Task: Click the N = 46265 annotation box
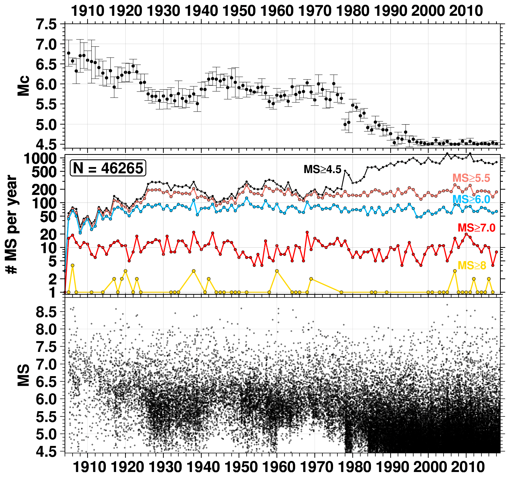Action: pyautogui.click(x=108, y=168)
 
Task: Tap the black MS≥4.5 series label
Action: pyautogui.click(x=322, y=169)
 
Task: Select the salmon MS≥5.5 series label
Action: pyautogui.click(x=471, y=178)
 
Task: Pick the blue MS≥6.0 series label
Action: pyautogui.click(x=471, y=199)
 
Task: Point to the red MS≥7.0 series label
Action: pyautogui.click(x=476, y=228)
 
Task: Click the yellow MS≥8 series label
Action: pyautogui.click(x=472, y=265)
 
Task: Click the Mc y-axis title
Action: pyautogui.click(x=23, y=86)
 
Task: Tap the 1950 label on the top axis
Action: pyautogui.click(x=239, y=11)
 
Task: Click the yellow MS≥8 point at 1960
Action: pyautogui.click(x=277, y=271)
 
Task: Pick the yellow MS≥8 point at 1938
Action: pyautogui.click(x=194, y=271)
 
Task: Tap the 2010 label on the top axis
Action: pyautogui.click(x=466, y=11)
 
